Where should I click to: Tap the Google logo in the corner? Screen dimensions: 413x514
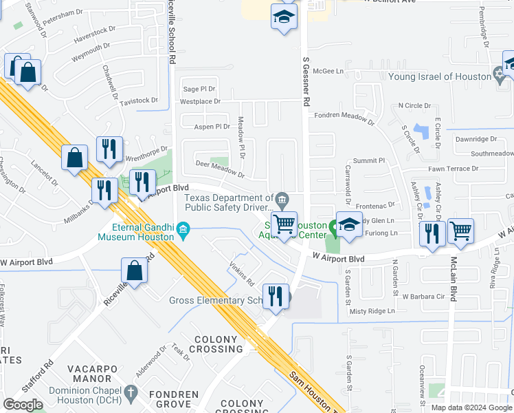pos(23,404)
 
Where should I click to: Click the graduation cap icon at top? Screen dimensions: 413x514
pos(283,17)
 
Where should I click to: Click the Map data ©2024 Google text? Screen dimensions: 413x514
pos(471,407)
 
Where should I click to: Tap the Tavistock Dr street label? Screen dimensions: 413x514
pos(139,101)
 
